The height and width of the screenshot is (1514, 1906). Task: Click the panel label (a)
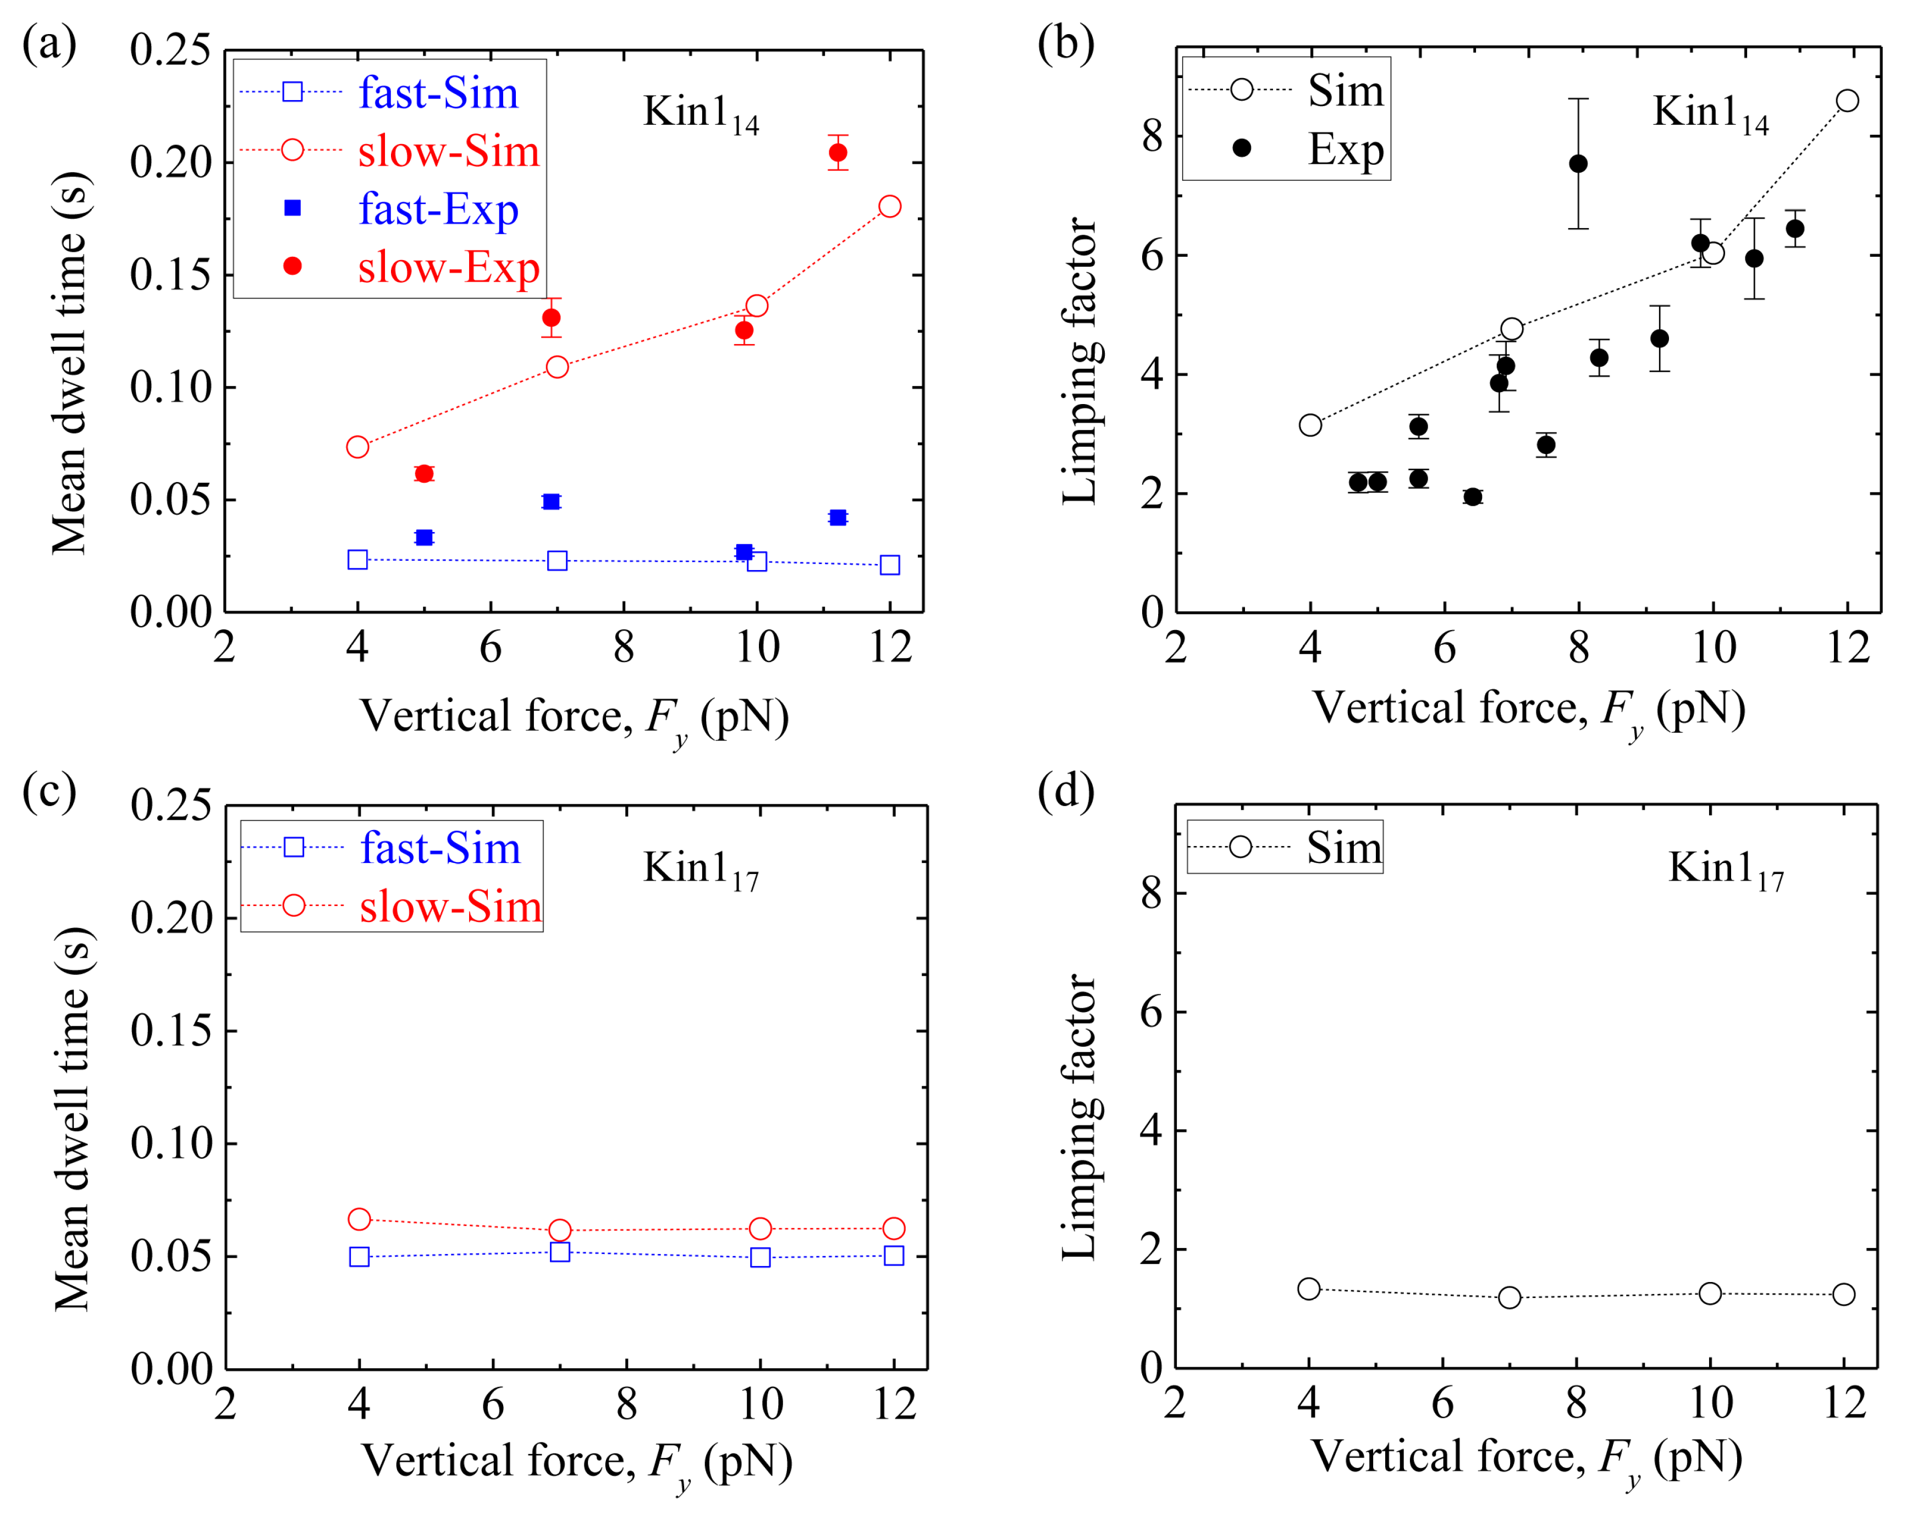point(49,44)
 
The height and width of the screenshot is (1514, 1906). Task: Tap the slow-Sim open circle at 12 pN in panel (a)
point(889,206)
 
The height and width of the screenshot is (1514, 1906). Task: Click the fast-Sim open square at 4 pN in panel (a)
point(357,560)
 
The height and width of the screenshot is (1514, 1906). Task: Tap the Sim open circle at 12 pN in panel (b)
point(1847,101)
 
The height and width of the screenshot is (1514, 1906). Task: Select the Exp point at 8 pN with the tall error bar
point(1578,163)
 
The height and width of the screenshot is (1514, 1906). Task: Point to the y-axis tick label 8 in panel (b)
point(1152,136)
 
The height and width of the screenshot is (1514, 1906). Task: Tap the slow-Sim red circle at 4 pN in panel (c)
point(359,1219)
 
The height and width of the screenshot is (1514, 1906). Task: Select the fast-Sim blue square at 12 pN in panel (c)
point(894,1255)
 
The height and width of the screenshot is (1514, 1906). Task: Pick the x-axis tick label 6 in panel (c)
point(492,1404)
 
